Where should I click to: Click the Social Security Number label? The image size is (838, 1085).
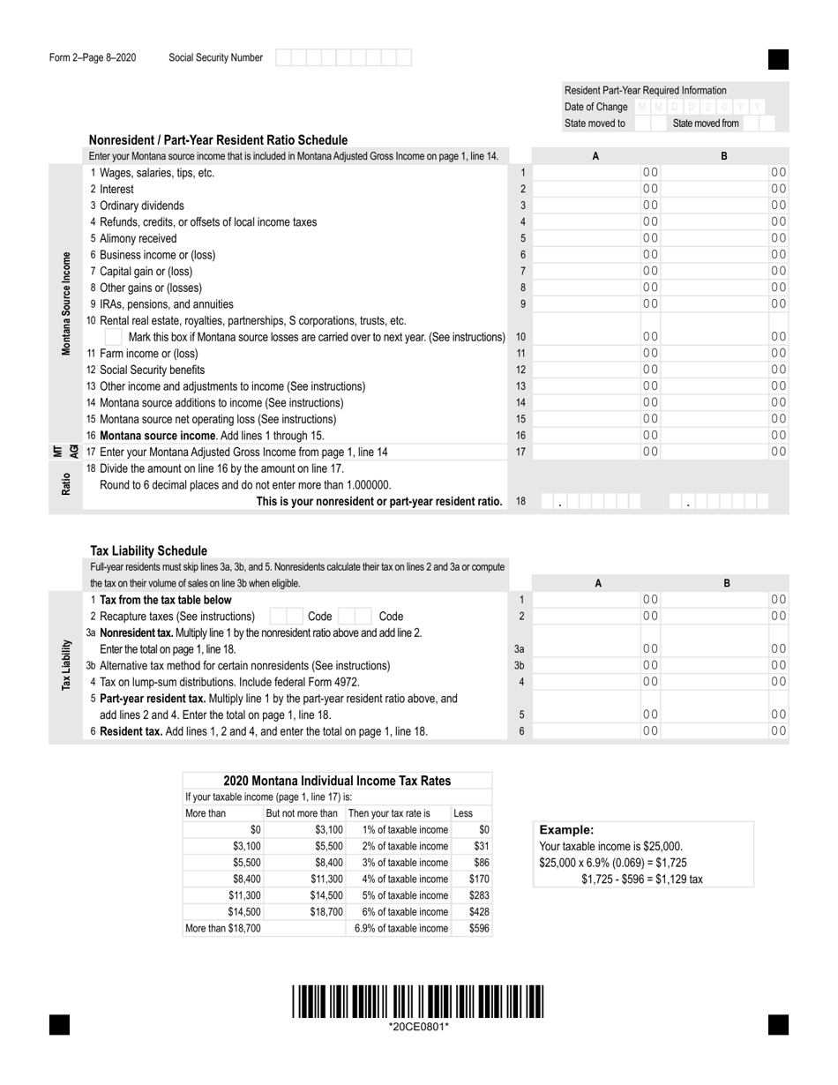[215, 58]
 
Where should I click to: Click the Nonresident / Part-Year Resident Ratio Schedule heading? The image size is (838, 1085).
[218, 140]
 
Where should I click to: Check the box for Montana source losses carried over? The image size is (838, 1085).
[114, 337]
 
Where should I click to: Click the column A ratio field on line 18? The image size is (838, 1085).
[590, 502]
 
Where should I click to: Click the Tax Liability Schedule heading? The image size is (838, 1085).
[149, 550]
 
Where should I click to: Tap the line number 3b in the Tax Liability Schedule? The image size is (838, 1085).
[520, 665]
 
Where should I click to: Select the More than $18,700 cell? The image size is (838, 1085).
[222, 928]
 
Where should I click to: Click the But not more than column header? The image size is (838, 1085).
[302, 813]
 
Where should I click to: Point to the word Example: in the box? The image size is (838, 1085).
[566, 830]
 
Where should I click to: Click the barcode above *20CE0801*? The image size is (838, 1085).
[419, 1003]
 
